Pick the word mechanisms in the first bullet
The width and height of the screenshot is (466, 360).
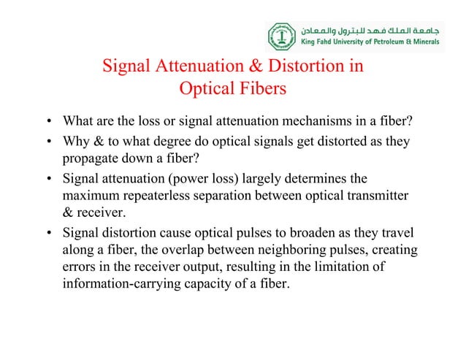click(344, 120)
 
